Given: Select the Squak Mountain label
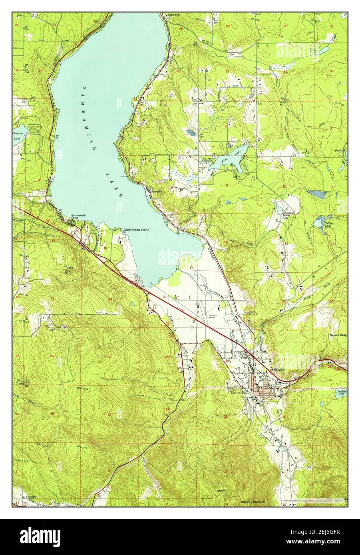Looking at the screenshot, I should tap(253, 501).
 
